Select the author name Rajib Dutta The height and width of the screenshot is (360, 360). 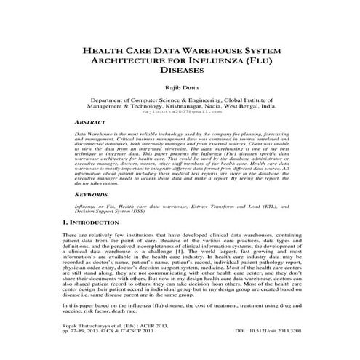(180, 87)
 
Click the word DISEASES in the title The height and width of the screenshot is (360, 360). (180, 73)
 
